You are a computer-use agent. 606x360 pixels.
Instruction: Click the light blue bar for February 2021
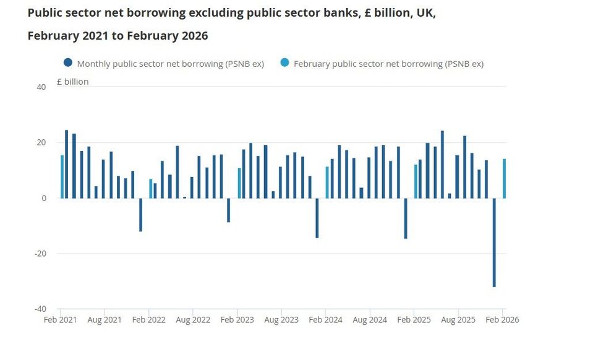coord(62,176)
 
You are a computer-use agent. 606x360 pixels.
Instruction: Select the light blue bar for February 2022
coord(150,189)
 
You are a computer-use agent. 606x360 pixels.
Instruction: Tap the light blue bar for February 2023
coord(239,183)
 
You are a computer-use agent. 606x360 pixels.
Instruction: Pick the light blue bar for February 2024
coord(327,182)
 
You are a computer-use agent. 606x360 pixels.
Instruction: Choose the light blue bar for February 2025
coord(416,181)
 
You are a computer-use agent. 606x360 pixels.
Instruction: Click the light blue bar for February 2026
coord(504,178)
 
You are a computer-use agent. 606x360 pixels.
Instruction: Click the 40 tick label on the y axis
coord(41,87)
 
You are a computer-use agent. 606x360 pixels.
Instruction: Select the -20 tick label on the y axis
coord(40,254)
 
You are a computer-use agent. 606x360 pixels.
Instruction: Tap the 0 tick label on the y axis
coord(44,198)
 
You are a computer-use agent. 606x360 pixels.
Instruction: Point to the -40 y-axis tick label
coord(40,309)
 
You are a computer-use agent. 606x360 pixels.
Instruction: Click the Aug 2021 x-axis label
coord(105,320)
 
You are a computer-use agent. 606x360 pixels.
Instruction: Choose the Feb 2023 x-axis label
coord(237,320)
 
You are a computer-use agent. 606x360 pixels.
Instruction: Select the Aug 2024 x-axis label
coord(370,320)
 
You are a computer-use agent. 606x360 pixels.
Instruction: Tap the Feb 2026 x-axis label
coord(502,320)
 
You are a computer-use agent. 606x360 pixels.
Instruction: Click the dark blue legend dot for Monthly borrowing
coord(68,63)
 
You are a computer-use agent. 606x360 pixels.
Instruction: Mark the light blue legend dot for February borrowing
coord(284,63)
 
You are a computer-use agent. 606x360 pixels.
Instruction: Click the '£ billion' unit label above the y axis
coord(72,82)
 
